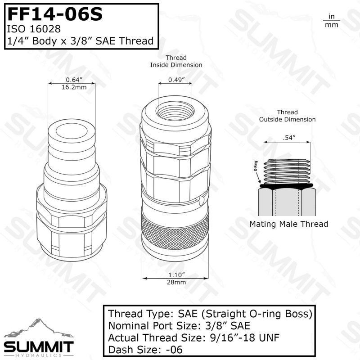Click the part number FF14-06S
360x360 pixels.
click(55, 14)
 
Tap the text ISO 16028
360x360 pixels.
click(34, 29)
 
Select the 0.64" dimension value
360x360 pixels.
click(74, 80)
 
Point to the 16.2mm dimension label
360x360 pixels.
click(74, 87)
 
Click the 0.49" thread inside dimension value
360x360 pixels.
click(176, 80)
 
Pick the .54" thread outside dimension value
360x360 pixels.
click(289, 138)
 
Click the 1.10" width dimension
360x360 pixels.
click(176, 275)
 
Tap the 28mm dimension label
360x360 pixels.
click(176, 282)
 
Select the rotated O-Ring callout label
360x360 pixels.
click(256, 166)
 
